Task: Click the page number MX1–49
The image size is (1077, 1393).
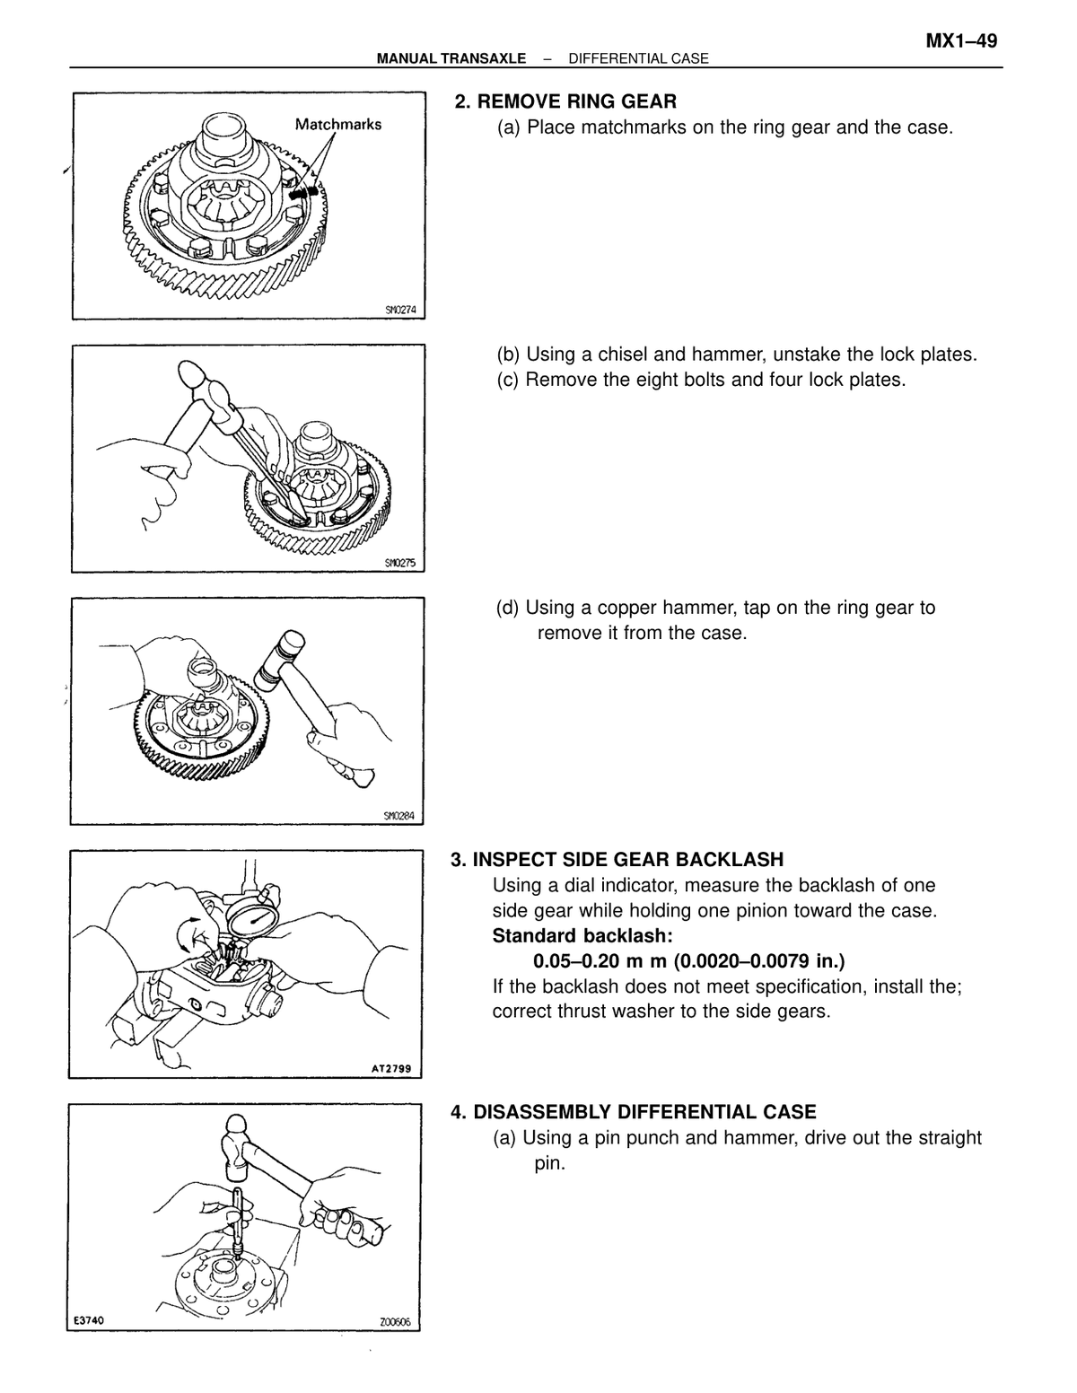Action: click(x=960, y=41)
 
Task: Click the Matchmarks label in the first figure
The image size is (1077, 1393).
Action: click(x=337, y=125)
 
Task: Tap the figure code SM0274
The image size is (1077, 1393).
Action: click(x=399, y=311)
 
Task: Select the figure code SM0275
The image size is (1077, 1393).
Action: click(x=399, y=564)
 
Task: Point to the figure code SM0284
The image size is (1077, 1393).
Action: click(x=398, y=816)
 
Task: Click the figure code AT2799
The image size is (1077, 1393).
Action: click(x=390, y=1069)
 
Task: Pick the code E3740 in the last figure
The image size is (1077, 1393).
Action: click(x=89, y=1320)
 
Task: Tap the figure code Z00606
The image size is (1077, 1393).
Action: click(x=395, y=1322)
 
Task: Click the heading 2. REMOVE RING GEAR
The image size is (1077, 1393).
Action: click(x=565, y=102)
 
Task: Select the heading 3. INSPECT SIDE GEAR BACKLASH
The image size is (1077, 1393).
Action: click(x=617, y=860)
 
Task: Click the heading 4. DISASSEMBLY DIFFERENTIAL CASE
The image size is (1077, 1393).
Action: click(x=633, y=1112)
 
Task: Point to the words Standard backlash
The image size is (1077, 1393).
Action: click(x=582, y=936)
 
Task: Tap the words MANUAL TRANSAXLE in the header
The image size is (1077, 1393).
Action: click(x=451, y=59)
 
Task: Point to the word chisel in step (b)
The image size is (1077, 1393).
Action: click(x=619, y=355)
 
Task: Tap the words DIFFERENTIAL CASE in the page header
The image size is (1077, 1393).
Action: click(x=639, y=59)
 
